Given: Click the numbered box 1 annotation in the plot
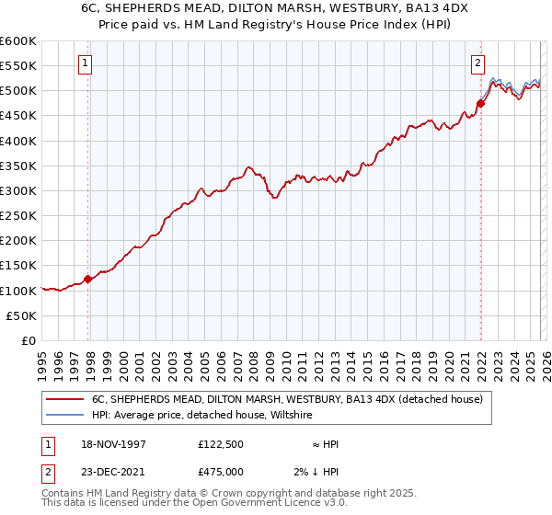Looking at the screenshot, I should [85, 63].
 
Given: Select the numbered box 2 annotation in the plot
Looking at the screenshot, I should [478, 63].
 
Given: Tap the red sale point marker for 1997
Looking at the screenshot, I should [88, 279].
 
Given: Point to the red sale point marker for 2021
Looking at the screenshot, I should [480, 103].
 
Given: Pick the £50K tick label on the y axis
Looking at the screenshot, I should [22, 315].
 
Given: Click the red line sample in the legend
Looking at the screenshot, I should [65, 400].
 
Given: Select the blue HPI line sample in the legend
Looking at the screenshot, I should [65, 416].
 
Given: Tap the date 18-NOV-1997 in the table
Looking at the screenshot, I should [111, 444].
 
